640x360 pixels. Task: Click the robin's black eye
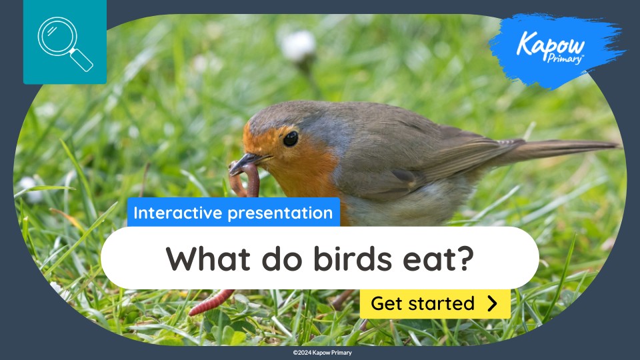[x=291, y=139]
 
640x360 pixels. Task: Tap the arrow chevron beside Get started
[x=493, y=304]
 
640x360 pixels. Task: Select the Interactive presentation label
[x=233, y=213]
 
